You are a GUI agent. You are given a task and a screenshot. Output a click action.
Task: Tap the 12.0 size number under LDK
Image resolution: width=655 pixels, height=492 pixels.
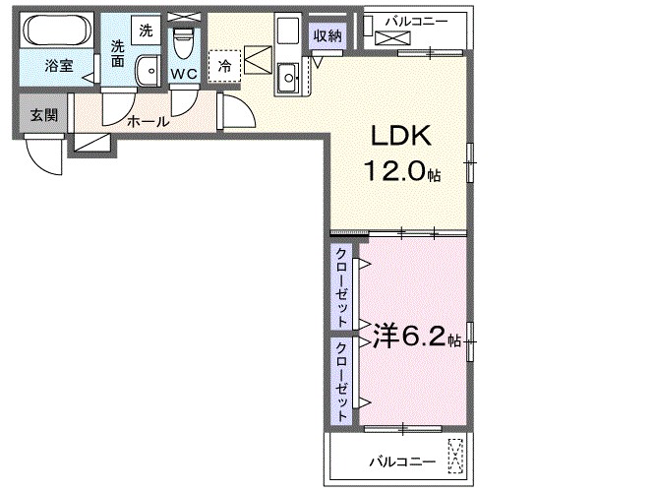[397, 172]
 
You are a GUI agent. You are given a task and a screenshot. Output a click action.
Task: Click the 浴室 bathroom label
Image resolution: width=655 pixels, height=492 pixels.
[57, 67]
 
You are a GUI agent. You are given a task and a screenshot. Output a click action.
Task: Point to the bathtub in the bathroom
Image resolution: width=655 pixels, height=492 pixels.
[56, 32]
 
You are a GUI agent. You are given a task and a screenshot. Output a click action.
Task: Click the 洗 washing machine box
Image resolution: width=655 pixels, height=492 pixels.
[146, 31]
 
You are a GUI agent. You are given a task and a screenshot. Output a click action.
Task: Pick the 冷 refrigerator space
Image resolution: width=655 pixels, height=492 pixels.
[224, 66]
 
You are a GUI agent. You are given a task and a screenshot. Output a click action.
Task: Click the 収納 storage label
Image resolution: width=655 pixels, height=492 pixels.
[327, 35]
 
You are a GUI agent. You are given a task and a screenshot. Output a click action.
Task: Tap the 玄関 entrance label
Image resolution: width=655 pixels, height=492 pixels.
[42, 114]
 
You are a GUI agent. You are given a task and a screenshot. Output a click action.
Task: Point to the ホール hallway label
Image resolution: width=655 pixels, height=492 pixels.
[149, 122]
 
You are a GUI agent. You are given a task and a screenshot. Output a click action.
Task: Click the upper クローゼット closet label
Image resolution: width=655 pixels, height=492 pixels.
[341, 287]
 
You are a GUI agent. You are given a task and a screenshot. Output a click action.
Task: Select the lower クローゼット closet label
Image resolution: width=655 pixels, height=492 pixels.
[341, 382]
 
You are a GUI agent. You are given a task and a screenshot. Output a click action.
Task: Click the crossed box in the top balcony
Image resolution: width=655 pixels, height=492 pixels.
[387, 39]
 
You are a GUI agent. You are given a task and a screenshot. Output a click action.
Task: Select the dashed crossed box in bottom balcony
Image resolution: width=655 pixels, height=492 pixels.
[455, 454]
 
